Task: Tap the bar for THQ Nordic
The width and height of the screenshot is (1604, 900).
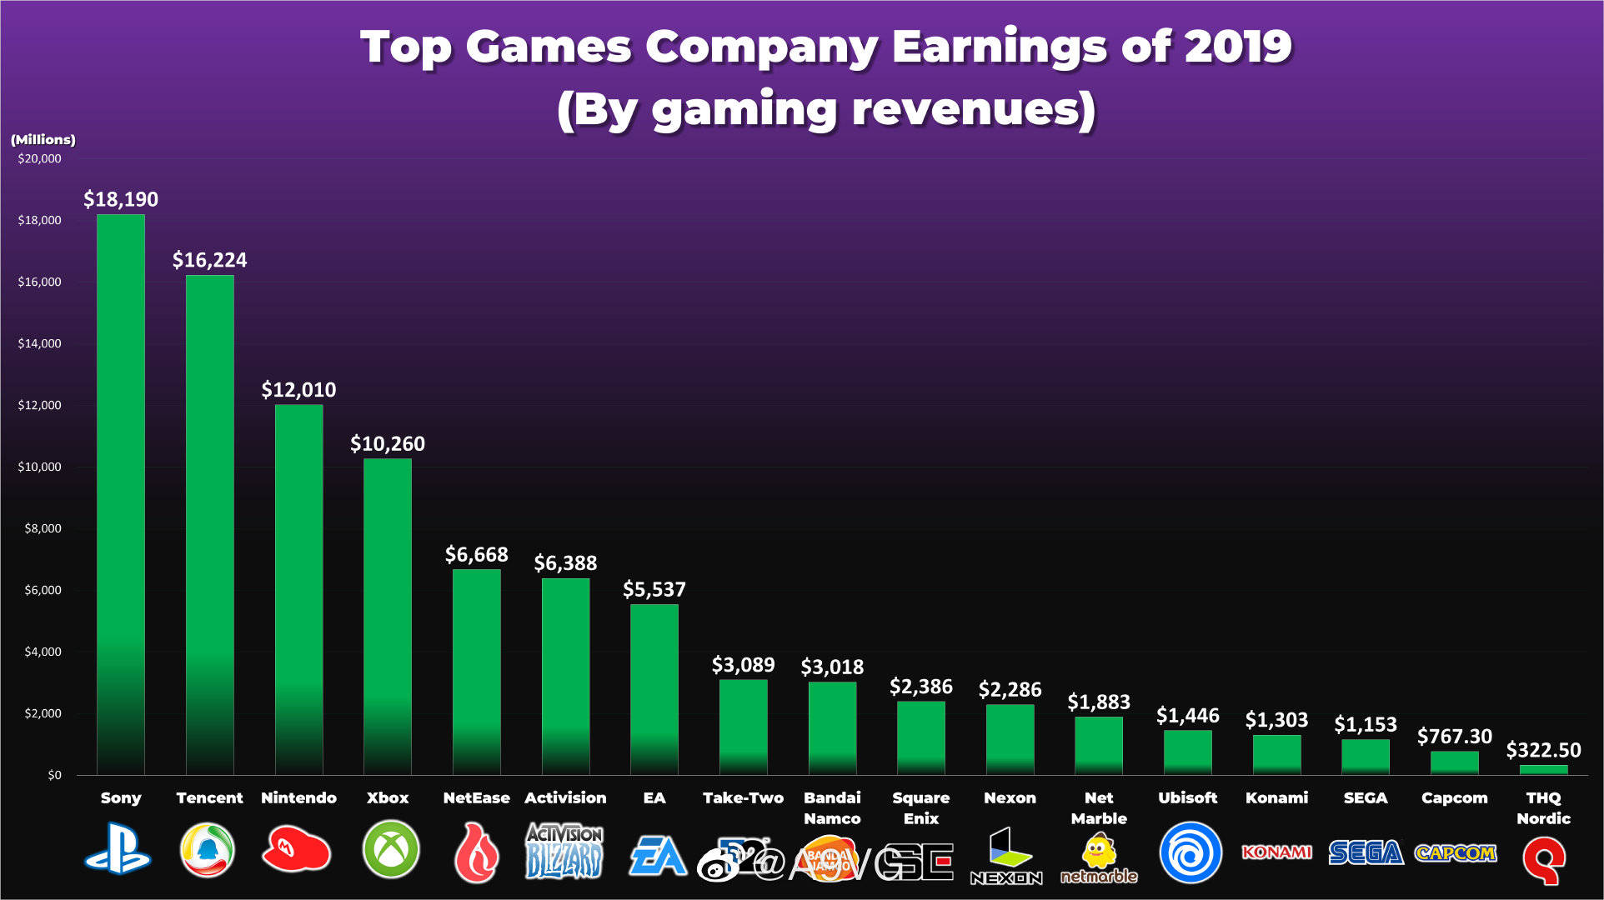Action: coord(1543,770)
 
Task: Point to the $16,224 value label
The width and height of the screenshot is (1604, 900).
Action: coord(209,260)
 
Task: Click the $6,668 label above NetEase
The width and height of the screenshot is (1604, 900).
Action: coord(476,554)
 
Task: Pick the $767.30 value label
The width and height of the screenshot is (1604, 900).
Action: coord(1454,737)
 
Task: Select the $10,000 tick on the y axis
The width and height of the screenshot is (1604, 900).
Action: coord(39,467)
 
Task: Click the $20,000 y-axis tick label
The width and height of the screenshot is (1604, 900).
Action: coord(39,158)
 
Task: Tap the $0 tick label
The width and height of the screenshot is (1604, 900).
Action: coord(54,775)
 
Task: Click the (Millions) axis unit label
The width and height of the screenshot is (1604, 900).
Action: coord(43,139)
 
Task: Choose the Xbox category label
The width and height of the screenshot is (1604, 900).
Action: coord(388,797)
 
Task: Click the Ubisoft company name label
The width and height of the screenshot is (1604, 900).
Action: coord(1187,797)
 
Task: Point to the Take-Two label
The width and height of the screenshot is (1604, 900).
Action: coord(743,797)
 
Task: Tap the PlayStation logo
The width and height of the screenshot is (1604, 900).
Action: coord(118,849)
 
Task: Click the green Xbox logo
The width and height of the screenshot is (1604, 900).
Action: coord(390,849)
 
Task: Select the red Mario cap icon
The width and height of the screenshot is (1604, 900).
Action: coord(296,850)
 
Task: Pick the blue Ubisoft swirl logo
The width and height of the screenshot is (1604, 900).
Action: coord(1190,852)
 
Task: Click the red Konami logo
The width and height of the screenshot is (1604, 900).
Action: coord(1276,852)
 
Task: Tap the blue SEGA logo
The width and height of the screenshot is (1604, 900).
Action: coord(1366,852)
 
